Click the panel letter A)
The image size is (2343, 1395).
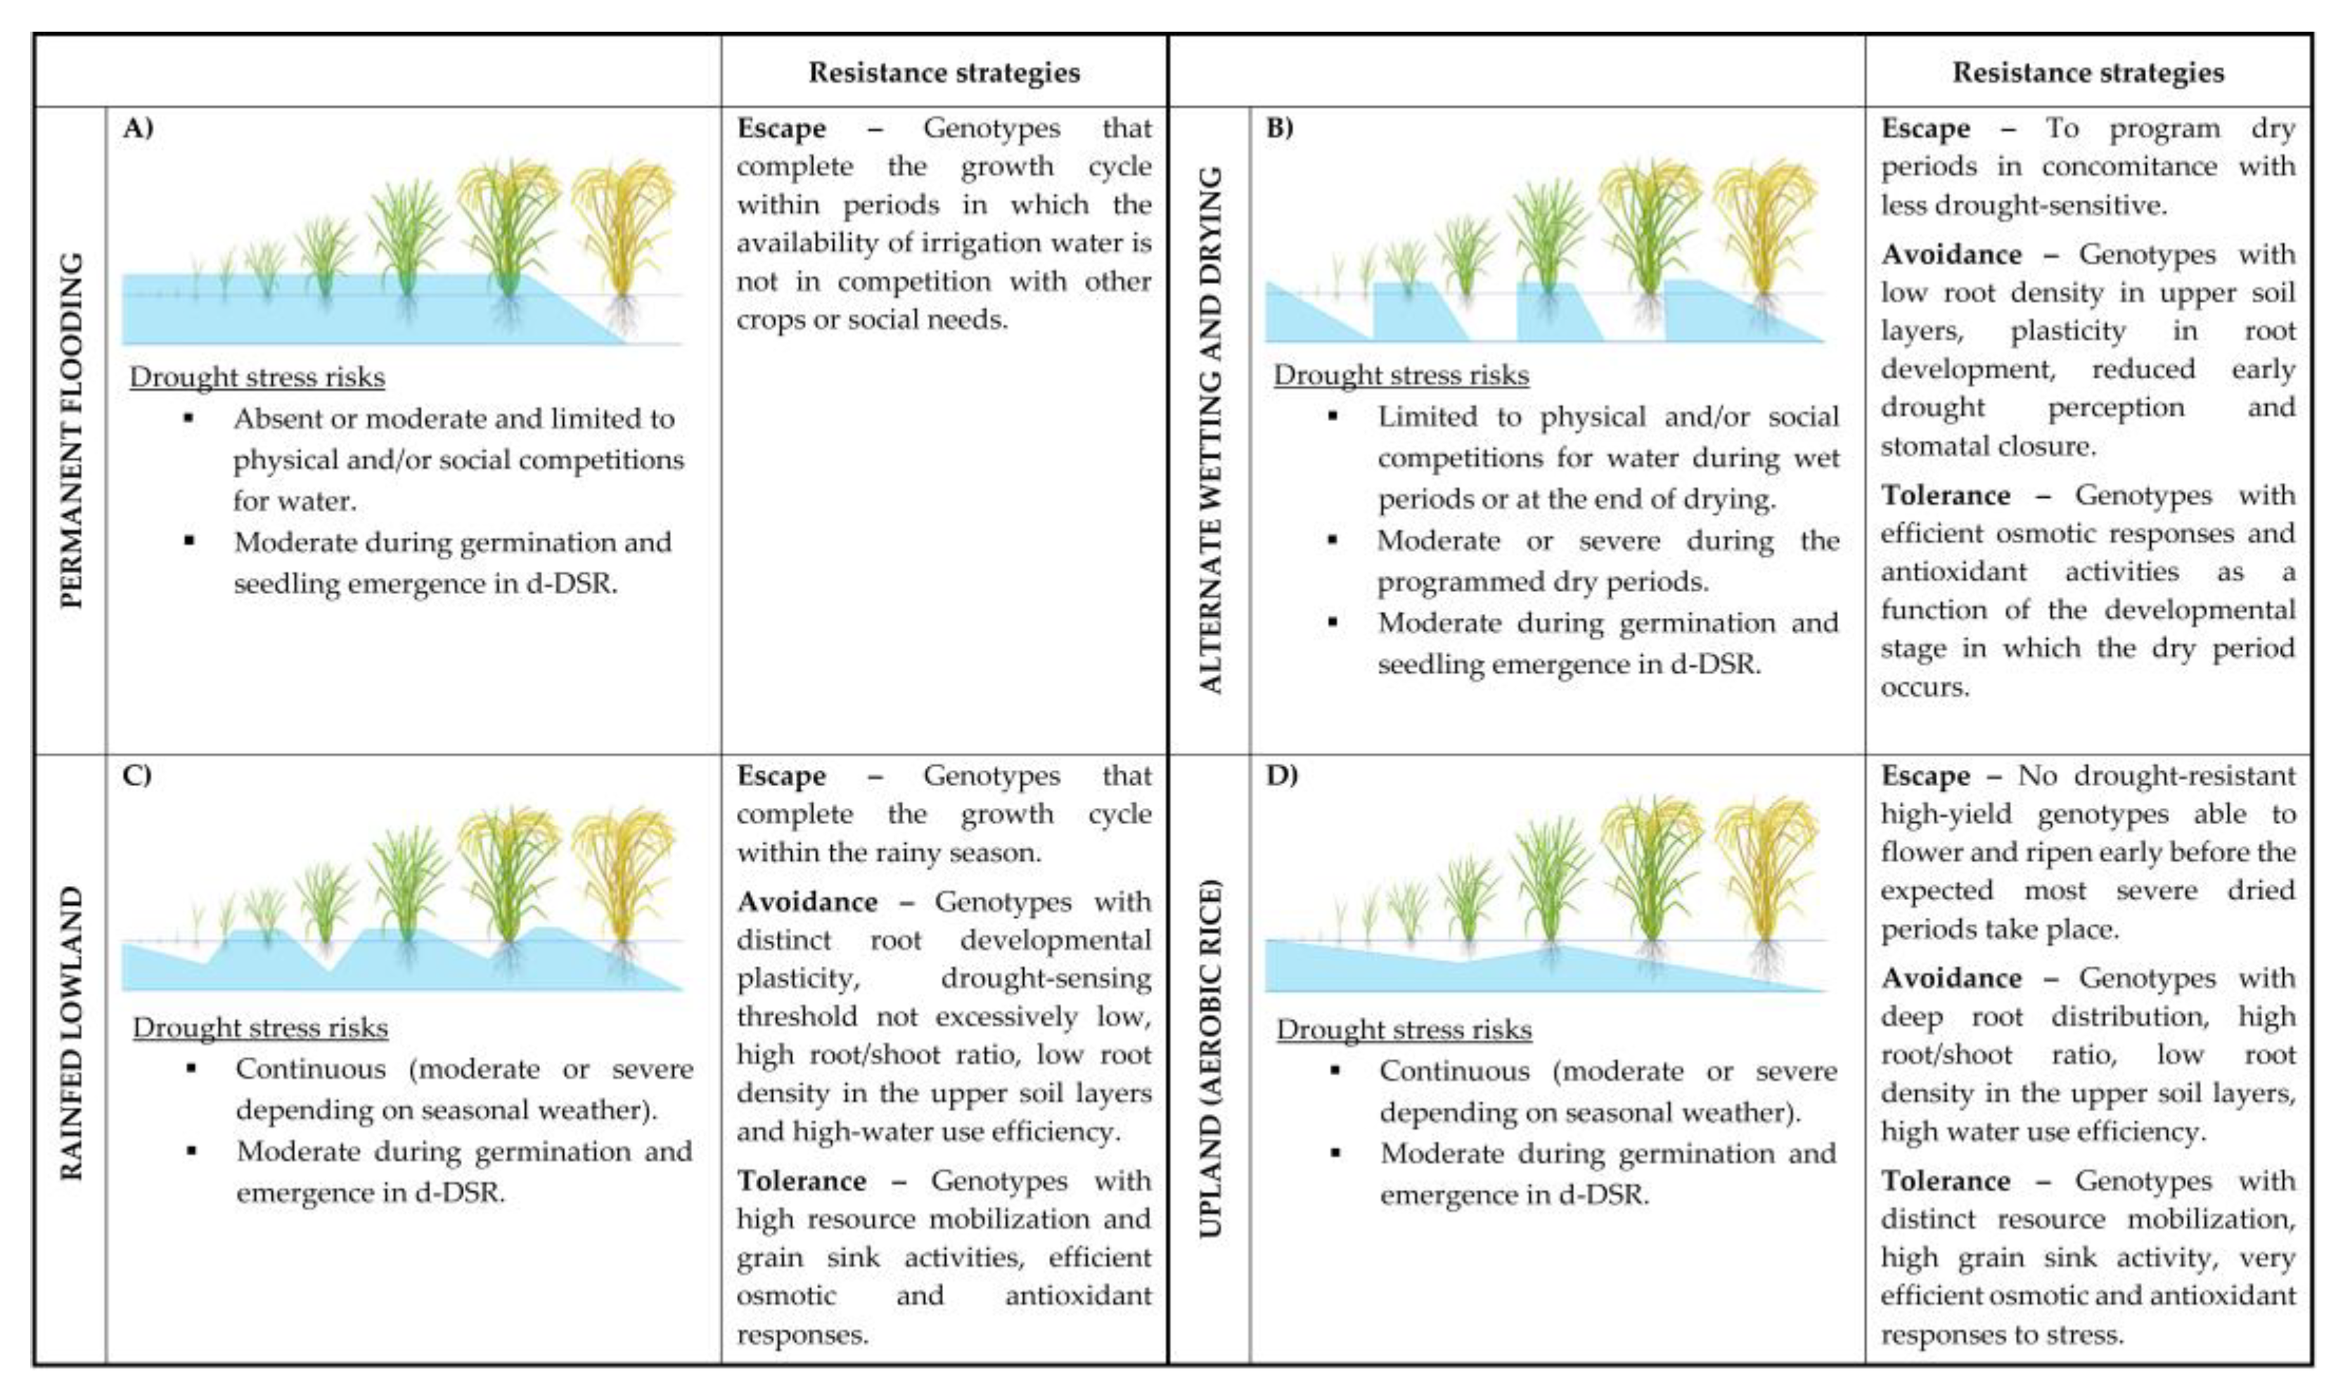[137, 129]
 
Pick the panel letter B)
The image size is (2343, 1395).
[1280, 129]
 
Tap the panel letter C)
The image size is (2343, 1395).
[137, 776]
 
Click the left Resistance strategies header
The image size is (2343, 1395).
[944, 72]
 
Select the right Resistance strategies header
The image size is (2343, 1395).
[2087, 72]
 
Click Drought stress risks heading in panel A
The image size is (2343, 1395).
[257, 377]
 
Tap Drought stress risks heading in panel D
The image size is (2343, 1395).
[1403, 1029]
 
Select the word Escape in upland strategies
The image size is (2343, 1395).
[1925, 776]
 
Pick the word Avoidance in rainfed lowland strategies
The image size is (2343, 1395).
[807, 902]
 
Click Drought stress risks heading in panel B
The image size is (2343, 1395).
[1400, 375]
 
